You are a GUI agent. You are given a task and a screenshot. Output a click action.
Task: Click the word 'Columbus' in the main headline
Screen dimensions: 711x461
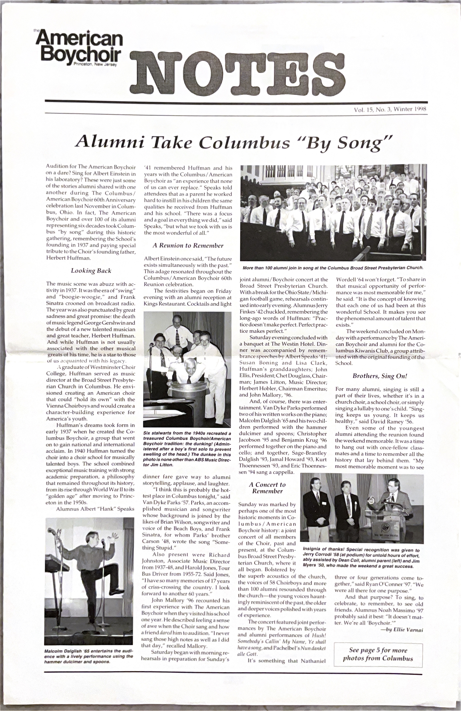click(244, 142)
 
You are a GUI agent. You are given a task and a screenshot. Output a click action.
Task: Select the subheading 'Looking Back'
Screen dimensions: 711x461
click(91, 271)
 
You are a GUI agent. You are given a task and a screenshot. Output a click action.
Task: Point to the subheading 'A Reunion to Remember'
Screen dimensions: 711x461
click(188, 246)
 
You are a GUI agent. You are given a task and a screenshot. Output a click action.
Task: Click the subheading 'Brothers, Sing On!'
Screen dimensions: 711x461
click(380, 376)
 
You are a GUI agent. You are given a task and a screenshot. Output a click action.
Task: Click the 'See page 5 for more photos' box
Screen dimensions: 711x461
click(378, 654)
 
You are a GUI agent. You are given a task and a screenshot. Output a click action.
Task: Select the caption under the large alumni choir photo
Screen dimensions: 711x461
click(333, 268)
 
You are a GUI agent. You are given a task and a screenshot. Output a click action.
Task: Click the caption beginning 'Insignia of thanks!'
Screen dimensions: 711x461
click(361, 557)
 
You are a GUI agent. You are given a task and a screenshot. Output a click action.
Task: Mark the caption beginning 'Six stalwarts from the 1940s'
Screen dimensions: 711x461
click(187, 449)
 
